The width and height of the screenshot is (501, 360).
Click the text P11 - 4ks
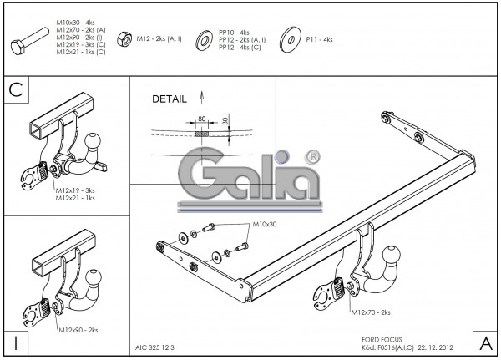click(319, 39)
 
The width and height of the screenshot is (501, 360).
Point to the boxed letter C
click(17, 89)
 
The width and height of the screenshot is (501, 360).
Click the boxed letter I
click(16, 342)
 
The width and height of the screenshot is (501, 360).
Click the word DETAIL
click(170, 99)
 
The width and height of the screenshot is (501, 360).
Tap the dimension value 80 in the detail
click(201, 119)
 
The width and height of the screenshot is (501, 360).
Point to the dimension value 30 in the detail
click(225, 122)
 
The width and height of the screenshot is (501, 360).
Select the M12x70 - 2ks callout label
click(371, 312)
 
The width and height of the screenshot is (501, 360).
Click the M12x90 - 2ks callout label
click(81, 331)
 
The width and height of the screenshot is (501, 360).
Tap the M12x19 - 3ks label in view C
click(75, 190)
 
